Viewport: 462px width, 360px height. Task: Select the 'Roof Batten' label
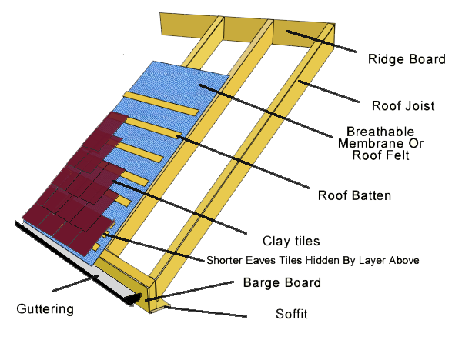pyautogui.click(x=355, y=195)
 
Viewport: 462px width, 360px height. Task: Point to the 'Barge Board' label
pyautogui.click(x=282, y=282)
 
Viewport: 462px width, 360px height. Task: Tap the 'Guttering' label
pyautogui.click(x=45, y=309)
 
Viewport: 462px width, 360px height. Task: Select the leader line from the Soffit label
pyautogui.click(x=208, y=312)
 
